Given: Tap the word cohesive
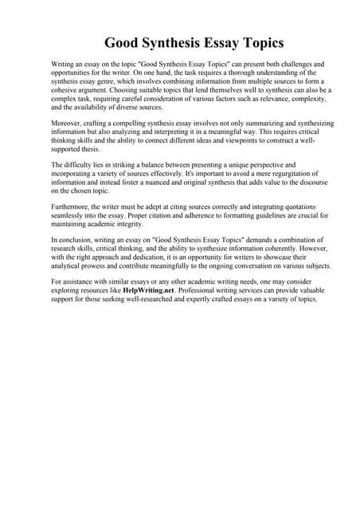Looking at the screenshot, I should [x=68, y=90].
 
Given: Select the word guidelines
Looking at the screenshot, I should [x=261, y=214].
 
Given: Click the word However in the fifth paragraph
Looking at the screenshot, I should [x=309, y=248].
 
